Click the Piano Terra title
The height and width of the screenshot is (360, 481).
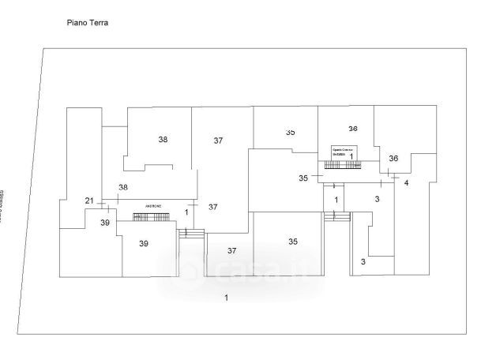tap(88, 24)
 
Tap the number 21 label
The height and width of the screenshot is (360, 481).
tap(89, 201)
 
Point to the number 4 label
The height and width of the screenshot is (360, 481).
tap(406, 183)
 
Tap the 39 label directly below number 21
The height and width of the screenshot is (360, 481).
tap(104, 223)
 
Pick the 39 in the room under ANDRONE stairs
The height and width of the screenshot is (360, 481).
tap(144, 244)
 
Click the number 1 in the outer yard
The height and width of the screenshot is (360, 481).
tap(226, 298)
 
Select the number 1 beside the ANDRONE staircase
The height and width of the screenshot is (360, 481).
tap(187, 212)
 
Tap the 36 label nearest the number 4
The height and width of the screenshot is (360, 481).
tap(393, 159)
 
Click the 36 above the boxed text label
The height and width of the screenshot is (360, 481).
tap(353, 129)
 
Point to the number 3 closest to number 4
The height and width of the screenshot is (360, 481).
tap(377, 199)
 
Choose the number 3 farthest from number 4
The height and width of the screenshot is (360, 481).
tap(363, 261)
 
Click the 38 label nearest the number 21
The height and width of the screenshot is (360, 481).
tap(122, 187)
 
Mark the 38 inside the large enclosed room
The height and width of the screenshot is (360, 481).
tap(163, 139)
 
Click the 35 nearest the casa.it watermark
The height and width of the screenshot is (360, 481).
tap(293, 242)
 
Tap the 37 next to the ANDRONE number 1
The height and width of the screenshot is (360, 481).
tap(212, 207)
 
